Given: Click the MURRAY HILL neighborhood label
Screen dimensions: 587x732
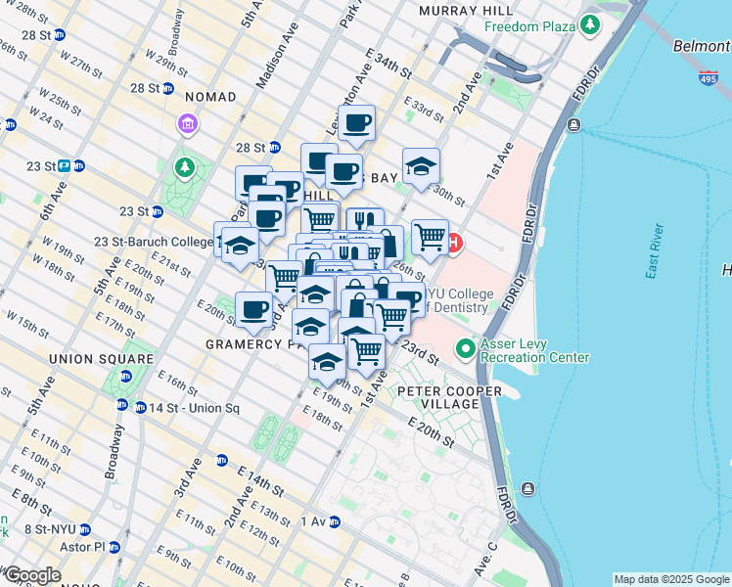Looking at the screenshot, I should point(458,10).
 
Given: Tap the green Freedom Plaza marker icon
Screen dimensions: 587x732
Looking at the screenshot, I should point(590,23).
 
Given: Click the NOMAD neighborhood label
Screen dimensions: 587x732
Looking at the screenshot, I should point(209,97).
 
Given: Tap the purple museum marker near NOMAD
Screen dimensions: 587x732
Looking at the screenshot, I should point(185,123).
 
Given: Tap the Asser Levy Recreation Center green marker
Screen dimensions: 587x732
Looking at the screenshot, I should point(466,348).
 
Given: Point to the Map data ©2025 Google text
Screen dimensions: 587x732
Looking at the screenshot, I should point(670,579).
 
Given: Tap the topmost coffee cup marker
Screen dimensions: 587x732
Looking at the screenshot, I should point(357,122).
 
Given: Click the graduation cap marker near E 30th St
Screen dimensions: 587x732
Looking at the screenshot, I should point(421,165).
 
